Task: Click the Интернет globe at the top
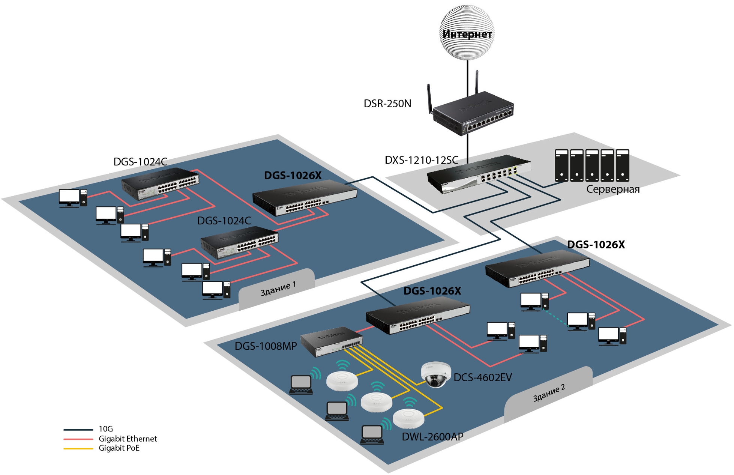[x=467, y=33]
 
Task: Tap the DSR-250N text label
[x=387, y=104]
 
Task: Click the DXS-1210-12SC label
[x=421, y=160]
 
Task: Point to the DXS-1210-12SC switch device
[x=479, y=174]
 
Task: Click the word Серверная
[x=612, y=189]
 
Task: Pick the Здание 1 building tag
[x=278, y=289]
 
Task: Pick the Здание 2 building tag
[x=549, y=393]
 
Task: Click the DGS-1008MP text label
[x=266, y=346]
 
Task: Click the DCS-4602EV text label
[x=482, y=377]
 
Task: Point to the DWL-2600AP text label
[x=432, y=437]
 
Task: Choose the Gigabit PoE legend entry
[x=119, y=448]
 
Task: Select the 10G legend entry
[x=105, y=429]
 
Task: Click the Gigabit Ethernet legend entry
[x=128, y=439]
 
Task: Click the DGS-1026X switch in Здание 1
[x=305, y=198]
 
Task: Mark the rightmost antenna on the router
[x=477, y=82]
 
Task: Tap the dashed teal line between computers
[x=554, y=317]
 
